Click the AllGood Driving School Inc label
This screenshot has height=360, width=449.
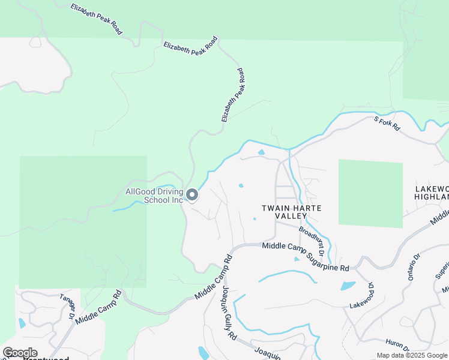154,196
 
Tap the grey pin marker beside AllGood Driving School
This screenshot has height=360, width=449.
192,195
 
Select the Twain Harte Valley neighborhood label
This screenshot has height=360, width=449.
291,212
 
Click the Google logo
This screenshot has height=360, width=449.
20,353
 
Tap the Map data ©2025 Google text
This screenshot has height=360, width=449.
412,355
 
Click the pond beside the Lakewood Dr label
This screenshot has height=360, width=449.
348,286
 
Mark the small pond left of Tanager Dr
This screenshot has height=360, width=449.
22,323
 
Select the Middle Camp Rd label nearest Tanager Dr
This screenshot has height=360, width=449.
99,307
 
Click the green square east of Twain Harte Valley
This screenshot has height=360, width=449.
370,193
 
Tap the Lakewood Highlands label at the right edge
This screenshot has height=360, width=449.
432,193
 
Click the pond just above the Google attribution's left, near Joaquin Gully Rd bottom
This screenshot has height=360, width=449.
203,353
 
